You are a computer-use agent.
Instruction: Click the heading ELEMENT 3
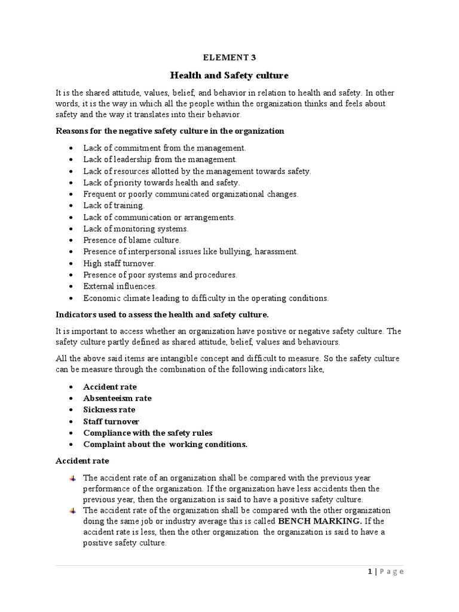pyautogui.click(x=229, y=57)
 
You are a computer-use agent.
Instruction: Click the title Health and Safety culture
pyautogui.click(x=229, y=75)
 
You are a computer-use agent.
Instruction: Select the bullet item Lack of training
pyautogui.click(x=114, y=206)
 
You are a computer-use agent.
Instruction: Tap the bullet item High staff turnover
pyautogui.click(x=120, y=263)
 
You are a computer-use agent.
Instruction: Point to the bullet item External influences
pyautogui.click(x=120, y=286)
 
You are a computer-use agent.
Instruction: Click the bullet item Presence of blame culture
pyautogui.click(x=131, y=240)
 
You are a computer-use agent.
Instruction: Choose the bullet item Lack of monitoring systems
pyautogui.click(x=136, y=229)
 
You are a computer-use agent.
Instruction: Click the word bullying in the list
pyautogui.click(x=235, y=252)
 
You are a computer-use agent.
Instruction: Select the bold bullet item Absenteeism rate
pyautogui.click(x=117, y=399)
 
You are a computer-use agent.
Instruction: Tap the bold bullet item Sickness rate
pyautogui.click(x=109, y=410)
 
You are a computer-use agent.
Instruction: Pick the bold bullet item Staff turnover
pyautogui.click(x=111, y=421)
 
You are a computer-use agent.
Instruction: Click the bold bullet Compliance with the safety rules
pyautogui.click(x=148, y=433)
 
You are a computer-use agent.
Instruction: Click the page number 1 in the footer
pyautogui.click(x=370, y=572)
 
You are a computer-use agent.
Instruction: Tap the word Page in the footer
pyautogui.click(x=392, y=572)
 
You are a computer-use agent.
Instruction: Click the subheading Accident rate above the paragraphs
pyautogui.click(x=82, y=461)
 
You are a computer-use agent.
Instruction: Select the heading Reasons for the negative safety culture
pyautogui.click(x=170, y=131)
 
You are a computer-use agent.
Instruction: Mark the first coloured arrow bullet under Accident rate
pyautogui.click(x=72, y=479)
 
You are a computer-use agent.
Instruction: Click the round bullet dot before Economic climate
pyautogui.click(x=72, y=298)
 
